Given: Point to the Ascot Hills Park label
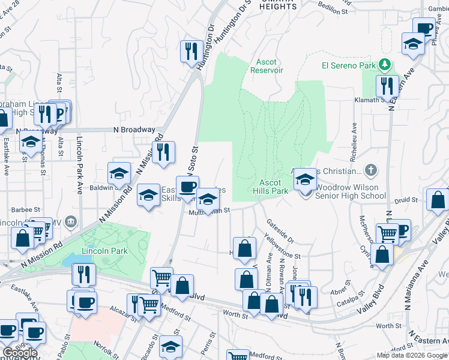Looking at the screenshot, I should click(274, 187).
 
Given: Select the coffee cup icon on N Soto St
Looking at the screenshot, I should click(187, 186).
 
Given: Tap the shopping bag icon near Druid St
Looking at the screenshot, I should click(438, 200).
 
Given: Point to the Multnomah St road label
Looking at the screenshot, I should click(210, 213).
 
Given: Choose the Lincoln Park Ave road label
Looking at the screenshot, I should click(79, 165).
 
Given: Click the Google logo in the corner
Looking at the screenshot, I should click(20, 353).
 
